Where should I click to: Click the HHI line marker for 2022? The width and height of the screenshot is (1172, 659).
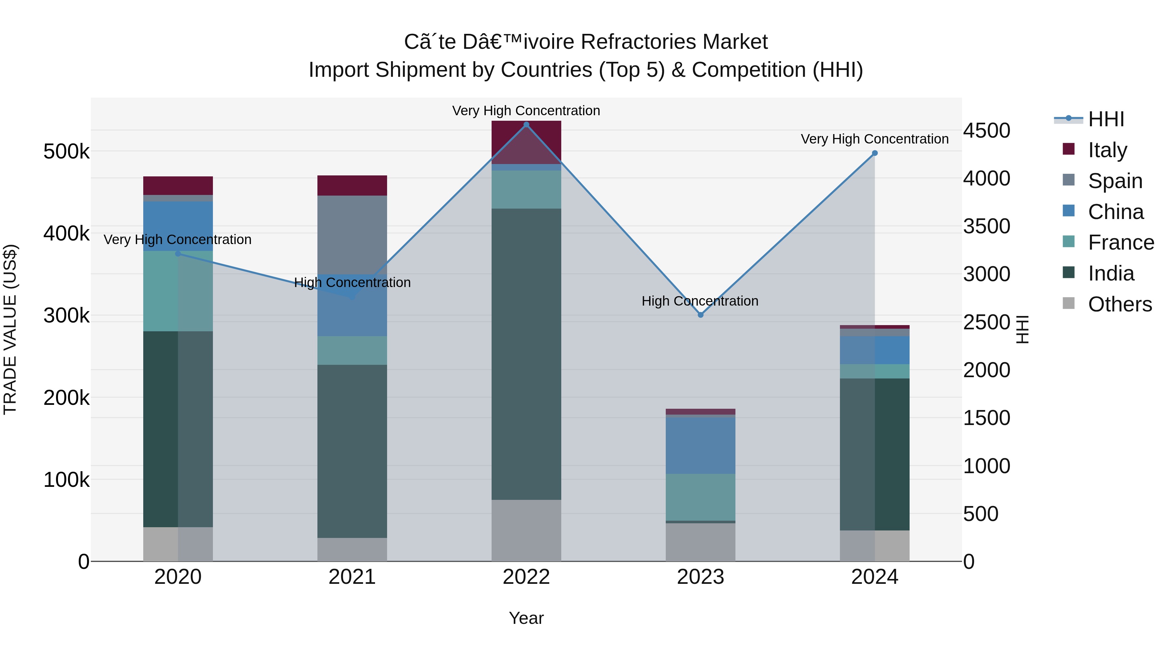[526, 125]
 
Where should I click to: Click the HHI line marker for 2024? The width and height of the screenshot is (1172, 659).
[874, 153]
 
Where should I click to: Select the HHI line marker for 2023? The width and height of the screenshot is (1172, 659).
[701, 315]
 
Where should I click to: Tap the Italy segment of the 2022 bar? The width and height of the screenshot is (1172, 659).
[526, 142]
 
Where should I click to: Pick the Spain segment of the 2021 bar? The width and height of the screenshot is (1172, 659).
[352, 235]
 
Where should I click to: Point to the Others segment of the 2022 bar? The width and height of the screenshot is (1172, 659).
[526, 530]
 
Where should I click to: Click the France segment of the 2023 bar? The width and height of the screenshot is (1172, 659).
[701, 497]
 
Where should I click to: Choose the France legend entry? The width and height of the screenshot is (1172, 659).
[1121, 242]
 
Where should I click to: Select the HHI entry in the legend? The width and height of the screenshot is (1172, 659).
[1106, 119]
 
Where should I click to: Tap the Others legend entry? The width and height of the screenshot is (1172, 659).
[1119, 304]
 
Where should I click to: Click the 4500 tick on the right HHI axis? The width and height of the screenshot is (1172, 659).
[986, 130]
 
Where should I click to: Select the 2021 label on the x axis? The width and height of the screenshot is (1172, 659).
[352, 577]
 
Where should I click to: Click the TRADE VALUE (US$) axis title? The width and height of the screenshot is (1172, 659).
[10, 329]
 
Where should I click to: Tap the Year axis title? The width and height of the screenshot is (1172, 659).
[526, 618]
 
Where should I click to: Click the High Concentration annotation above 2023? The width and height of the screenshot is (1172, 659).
[700, 301]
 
